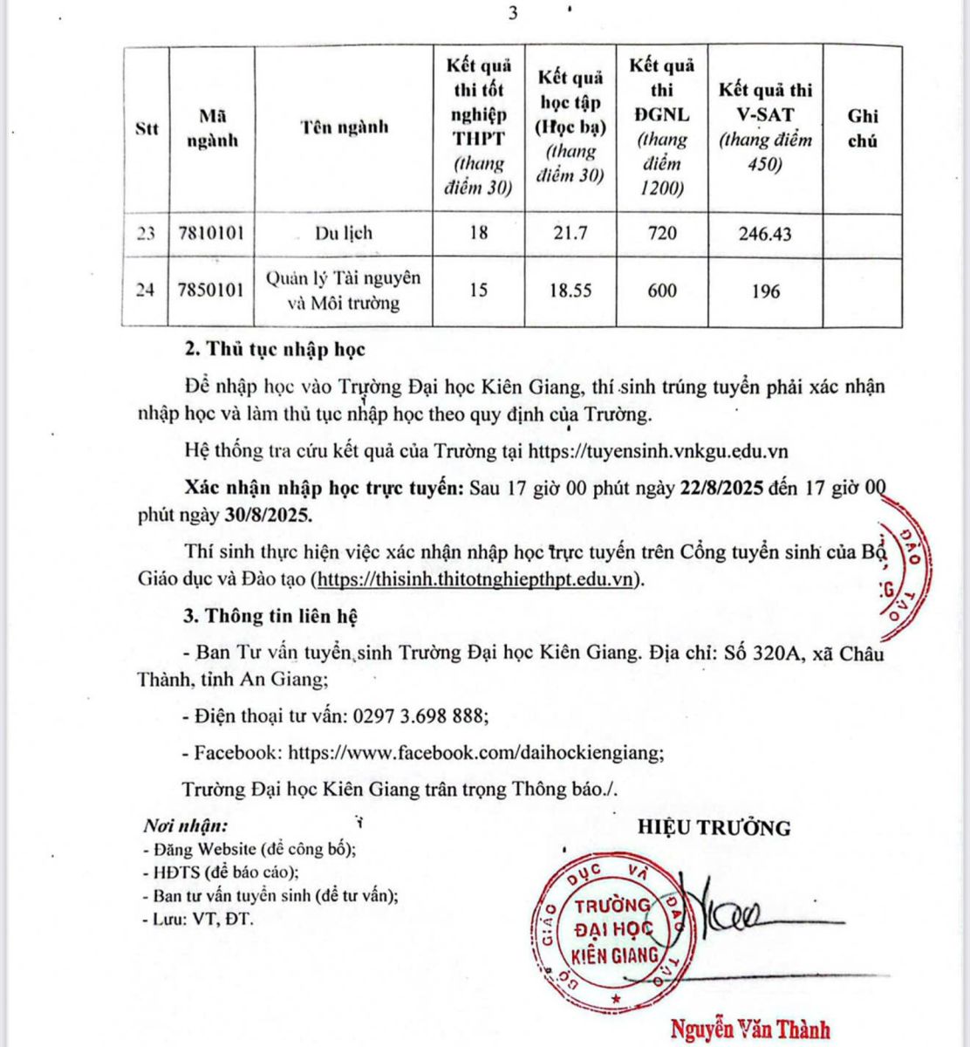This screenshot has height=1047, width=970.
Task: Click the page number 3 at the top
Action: click(513, 14)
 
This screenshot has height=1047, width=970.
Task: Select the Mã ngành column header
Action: click(212, 128)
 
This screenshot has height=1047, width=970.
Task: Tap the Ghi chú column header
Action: click(862, 128)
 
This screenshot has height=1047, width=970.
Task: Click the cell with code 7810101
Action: click(212, 233)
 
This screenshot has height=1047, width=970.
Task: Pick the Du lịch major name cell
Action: click(344, 233)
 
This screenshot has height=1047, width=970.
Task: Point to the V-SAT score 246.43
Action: click(764, 234)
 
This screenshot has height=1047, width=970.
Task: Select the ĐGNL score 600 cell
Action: click(661, 291)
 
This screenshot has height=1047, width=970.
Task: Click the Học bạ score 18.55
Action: click(570, 291)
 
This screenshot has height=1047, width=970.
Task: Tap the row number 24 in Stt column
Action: click(146, 291)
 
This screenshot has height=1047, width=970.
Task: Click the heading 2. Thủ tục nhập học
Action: click(275, 350)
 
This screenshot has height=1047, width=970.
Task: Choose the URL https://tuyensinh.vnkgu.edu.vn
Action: click(659, 450)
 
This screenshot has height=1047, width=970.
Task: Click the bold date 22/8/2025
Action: click(721, 488)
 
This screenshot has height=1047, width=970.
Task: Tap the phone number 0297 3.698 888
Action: click(418, 716)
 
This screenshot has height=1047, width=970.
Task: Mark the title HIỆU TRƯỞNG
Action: click(714, 828)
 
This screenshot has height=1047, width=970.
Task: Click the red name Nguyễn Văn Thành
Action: click(750, 1030)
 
